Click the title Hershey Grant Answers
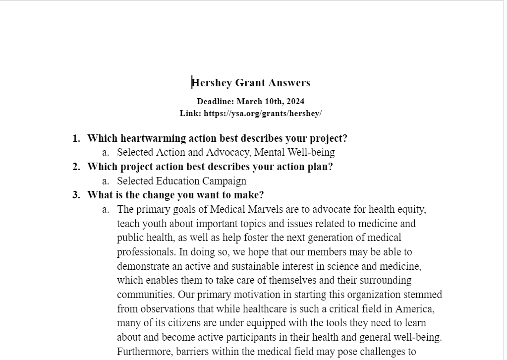[251, 83]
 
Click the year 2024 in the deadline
[295, 102]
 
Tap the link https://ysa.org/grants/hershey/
[263, 114]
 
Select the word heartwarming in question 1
[152, 138]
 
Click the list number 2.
[76, 167]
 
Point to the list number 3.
[76, 195]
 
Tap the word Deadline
[215, 102]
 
